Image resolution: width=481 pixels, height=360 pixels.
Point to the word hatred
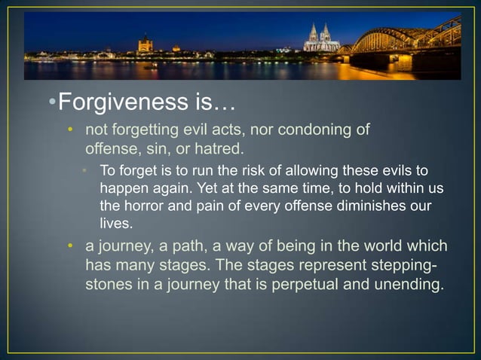click(x=219, y=146)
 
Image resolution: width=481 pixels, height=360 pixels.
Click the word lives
click(x=115, y=223)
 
